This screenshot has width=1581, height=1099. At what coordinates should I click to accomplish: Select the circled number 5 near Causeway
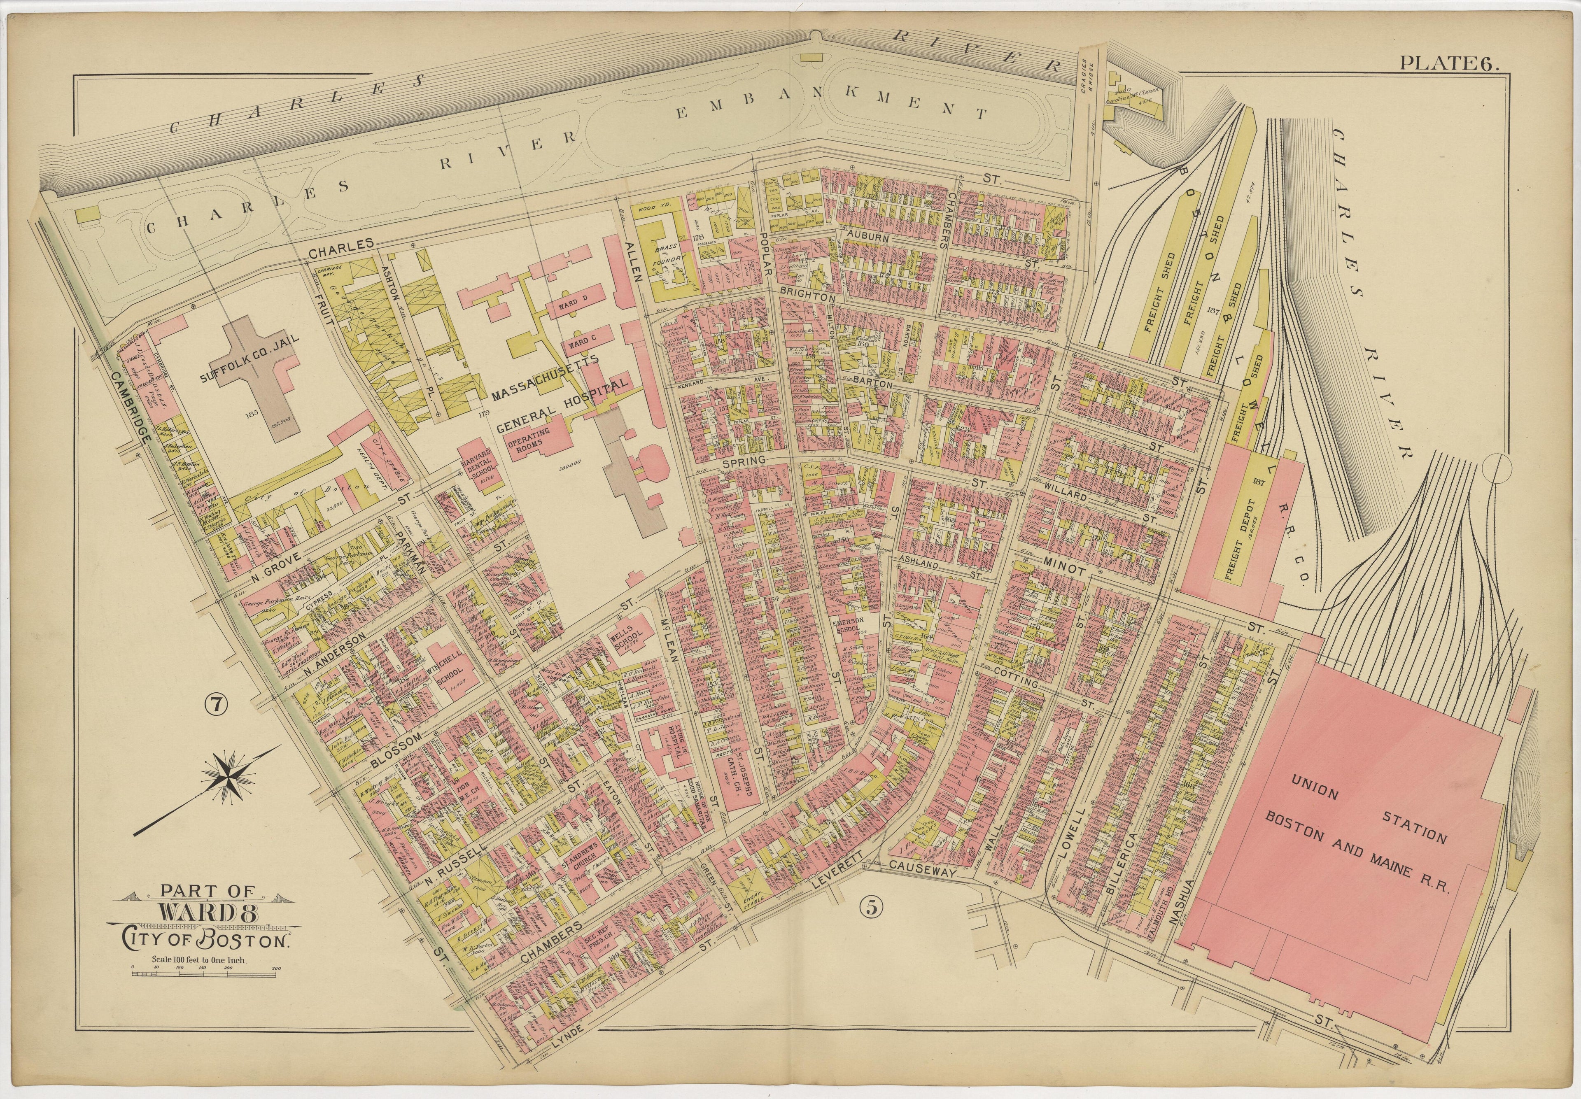[x=870, y=908]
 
